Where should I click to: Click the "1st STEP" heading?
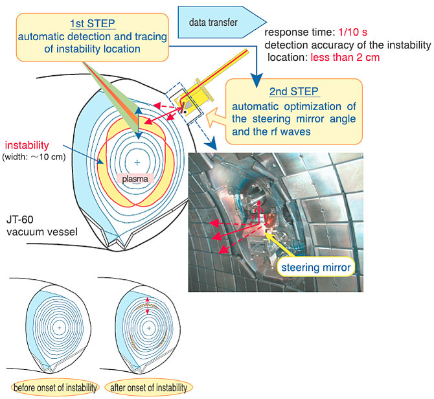tap(93, 24)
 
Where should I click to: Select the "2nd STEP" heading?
tap(294, 91)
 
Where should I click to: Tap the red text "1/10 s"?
tap(353, 32)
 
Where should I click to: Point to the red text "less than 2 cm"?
tap(345, 57)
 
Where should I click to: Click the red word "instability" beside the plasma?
tap(27, 145)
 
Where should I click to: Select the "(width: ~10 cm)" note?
tap(34, 157)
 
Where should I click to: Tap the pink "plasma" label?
tap(135, 179)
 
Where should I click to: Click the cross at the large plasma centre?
tap(137, 163)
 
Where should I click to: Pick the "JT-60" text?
tap(19, 220)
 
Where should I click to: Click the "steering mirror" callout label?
tap(316, 268)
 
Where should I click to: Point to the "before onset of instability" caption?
tap(55, 387)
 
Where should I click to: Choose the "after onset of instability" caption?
tap(148, 387)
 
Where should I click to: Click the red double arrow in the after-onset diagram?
tap(148, 306)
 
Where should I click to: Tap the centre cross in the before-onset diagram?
tap(59, 328)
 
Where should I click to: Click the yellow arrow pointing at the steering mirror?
tap(279, 245)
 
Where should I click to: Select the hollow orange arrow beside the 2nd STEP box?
tap(216, 117)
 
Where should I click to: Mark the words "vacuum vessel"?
tap(42, 232)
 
